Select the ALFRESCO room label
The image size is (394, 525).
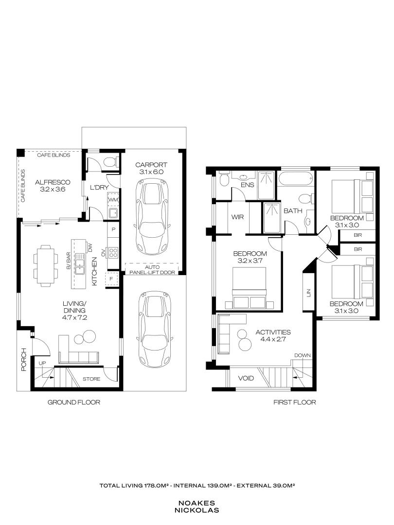click(x=49, y=182)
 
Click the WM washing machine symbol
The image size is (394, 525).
click(x=113, y=200)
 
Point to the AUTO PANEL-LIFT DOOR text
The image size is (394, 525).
click(x=152, y=270)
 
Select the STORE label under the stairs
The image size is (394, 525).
click(x=91, y=379)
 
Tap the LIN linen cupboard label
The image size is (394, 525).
click(x=308, y=293)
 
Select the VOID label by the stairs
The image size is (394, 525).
click(x=245, y=378)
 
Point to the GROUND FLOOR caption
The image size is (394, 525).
click(x=73, y=402)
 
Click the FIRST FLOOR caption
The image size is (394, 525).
click(x=295, y=402)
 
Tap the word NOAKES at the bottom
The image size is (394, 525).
click(x=197, y=503)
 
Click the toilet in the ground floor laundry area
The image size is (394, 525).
click(x=109, y=162)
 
